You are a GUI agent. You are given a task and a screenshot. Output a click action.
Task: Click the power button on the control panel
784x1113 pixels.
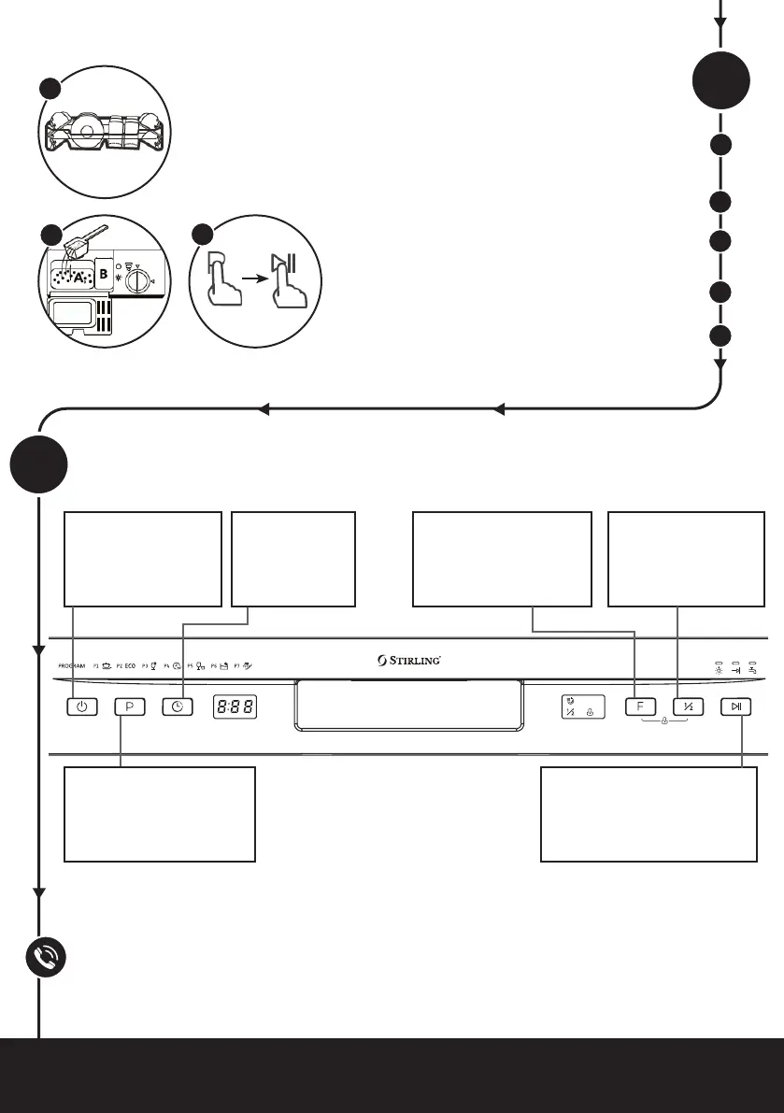point(82,707)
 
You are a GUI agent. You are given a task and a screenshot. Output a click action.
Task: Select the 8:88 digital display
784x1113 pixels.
point(235,707)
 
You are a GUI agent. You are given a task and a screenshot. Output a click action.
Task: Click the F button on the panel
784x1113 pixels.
point(640,707)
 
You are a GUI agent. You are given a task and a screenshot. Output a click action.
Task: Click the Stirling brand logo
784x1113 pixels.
point(409,661)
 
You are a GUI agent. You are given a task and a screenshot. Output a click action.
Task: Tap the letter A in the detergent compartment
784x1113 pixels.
point(81,278)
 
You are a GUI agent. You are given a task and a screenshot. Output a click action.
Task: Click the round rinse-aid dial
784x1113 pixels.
point(137,278)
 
